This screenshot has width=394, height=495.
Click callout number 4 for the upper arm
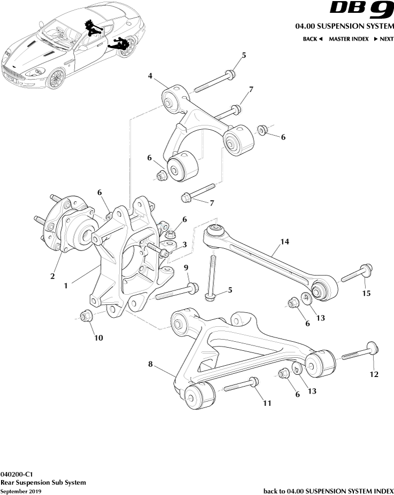151,76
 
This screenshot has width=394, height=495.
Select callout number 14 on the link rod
284,242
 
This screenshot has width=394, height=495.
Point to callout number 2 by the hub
52,276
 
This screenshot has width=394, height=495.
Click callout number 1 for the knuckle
66,286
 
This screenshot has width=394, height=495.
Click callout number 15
366,293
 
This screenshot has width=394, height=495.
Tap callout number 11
266,403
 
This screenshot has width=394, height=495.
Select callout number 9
186,267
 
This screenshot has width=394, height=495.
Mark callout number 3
184,245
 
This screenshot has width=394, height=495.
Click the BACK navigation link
313,39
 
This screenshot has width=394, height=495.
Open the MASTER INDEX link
348,39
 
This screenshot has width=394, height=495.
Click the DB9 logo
360,10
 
